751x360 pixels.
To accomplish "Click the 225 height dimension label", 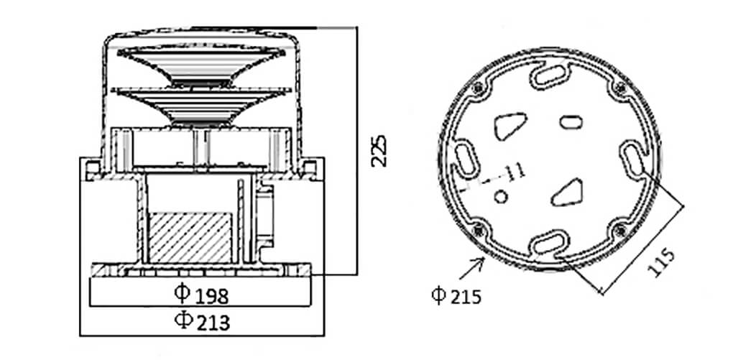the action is pyautogui.click(x=379, y=151).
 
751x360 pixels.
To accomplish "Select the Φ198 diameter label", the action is pyautogui.click(x=201, y=295).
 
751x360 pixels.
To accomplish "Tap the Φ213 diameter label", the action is pyautogui.click(x=202, y=321).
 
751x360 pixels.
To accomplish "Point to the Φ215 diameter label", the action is pyautogui.click(x=456, y=296).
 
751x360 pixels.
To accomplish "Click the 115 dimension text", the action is pyautogui.click(x=661, y=263).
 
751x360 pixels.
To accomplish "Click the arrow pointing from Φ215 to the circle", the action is pyautogui.click(x=471, y=268).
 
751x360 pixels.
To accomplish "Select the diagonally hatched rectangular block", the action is pyautogui.click(x=190, y=237).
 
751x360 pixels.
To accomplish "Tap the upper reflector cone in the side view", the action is pyautogui.click(x=201, y=64).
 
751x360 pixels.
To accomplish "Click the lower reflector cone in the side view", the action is pyautogui.click(x=201, y=106).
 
